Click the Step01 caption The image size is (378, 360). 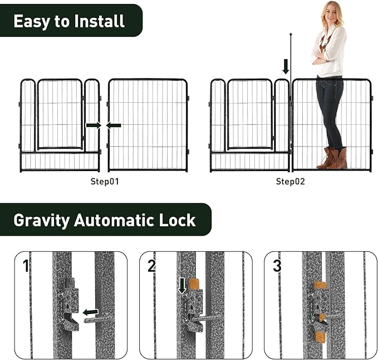tap(105, 182)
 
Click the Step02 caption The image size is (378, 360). tap(290, 182)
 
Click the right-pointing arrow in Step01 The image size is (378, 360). tap(93, 125)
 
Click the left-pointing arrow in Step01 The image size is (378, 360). tap(114, 125)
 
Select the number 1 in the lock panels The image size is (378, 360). tap(26, 266)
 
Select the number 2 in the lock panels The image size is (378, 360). tap(151, 266)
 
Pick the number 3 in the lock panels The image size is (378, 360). tap(277, 266)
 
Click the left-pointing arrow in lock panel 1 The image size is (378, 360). tap(90, 312)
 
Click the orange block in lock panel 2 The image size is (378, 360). tap(194, 284)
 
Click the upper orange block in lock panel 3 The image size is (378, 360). tap(320, 285)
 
